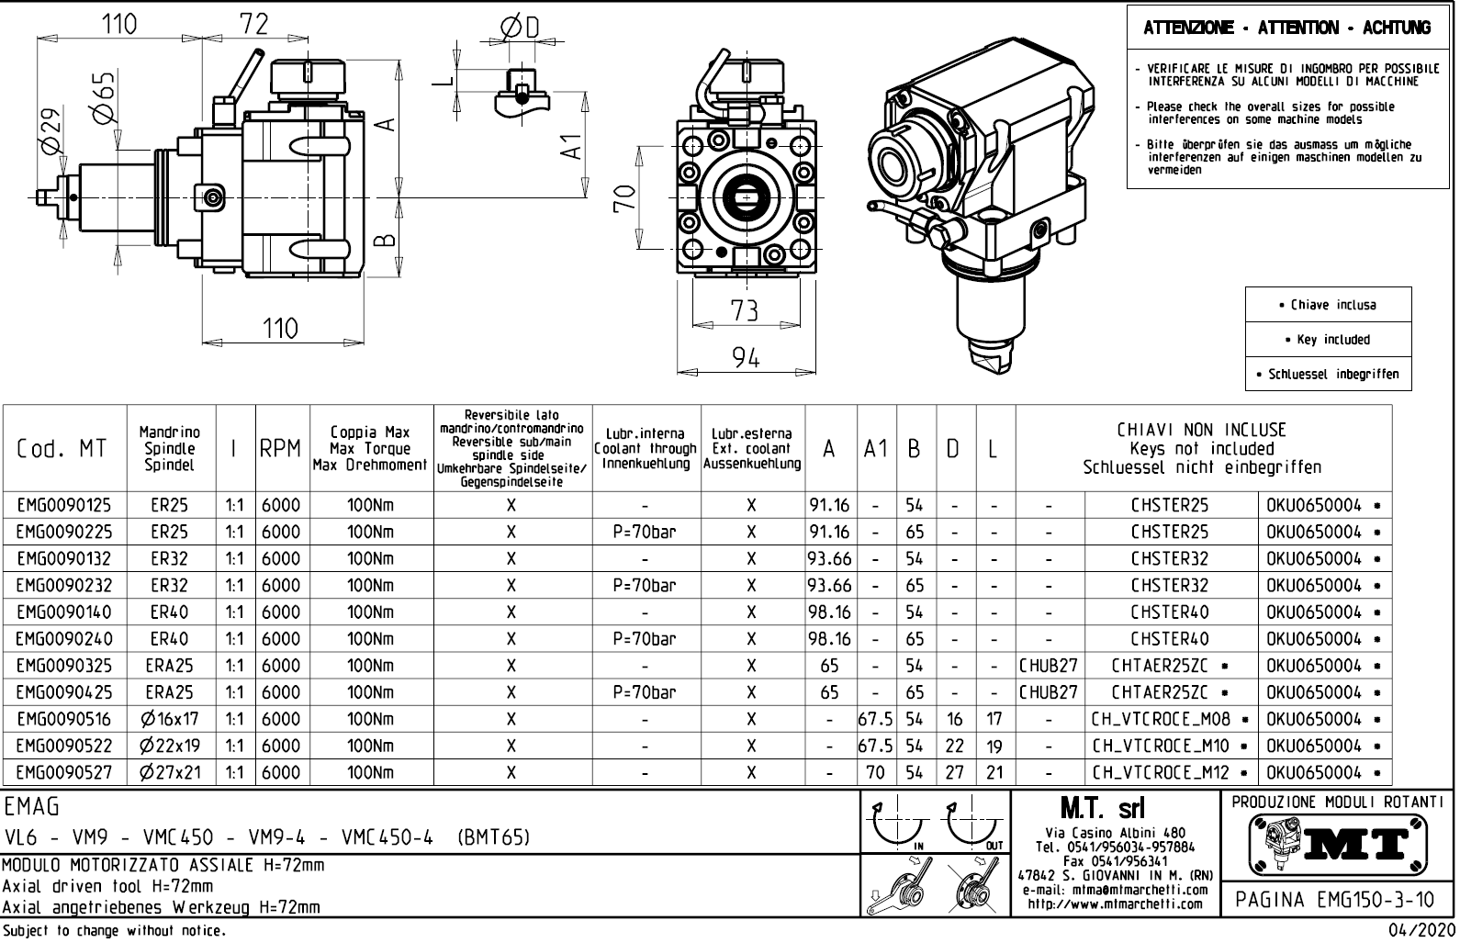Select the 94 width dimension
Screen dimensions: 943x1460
pyautogui.click(x=746, y=359)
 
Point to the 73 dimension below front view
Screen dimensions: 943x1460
pyautogui.click(x=745, y=311)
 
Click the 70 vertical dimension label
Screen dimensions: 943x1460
pyautogui.click(x=624, y=198)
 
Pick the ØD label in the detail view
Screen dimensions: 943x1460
pyautogui.click(x=520, y=28)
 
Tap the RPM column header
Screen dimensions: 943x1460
pyautogui.click(x=280, y=449)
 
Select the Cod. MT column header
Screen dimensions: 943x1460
pyautogui.click(x=62, y=449)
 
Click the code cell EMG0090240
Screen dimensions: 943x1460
pyautogui.click(x=63, y=639)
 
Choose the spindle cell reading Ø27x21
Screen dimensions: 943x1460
pyautogui.click(x=171, y=773)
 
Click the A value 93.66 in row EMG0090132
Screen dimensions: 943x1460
pyautogui.click(x=829, y=559)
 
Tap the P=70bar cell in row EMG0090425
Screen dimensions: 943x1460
pyautogui.click(x=646, y=693)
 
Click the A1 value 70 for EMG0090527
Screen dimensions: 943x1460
pyautogui.click(x=876, y=773)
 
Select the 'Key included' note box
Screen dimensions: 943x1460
pyautogui.click(x=1327, y=340)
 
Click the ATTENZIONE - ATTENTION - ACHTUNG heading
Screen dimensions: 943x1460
pyautogui.click(x=1286, y=28)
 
